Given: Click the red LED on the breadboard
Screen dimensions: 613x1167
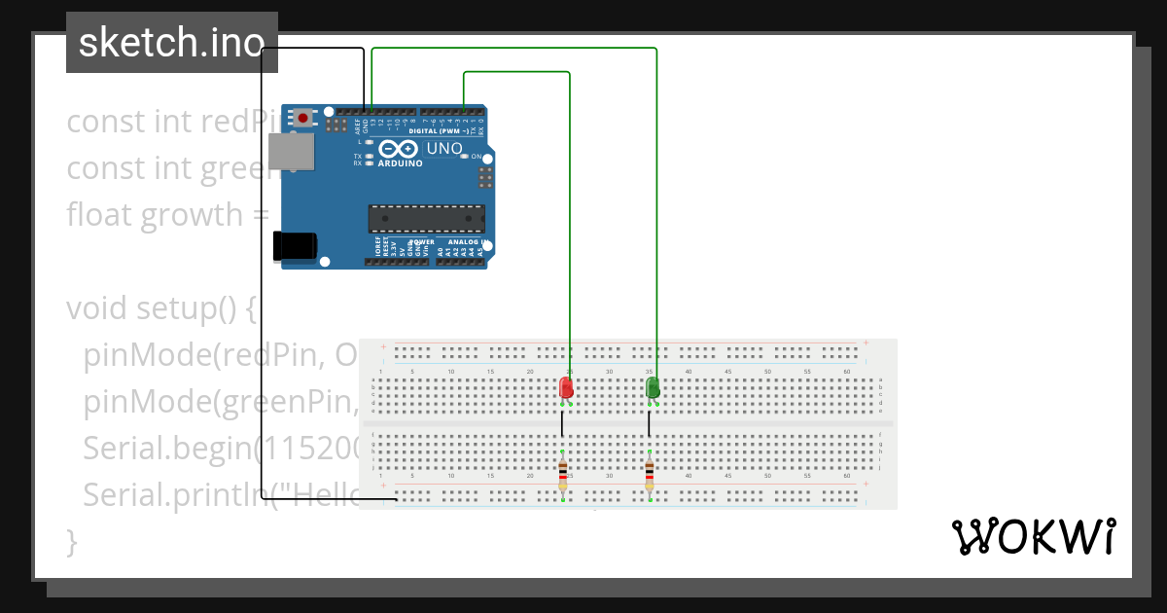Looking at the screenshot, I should [x=566, y=388].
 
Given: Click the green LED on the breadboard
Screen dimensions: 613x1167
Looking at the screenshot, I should [x=653, y=388].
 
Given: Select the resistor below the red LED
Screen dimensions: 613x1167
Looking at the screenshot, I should [x=563, y=475].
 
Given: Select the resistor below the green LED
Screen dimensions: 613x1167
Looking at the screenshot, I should [x=650, y=475].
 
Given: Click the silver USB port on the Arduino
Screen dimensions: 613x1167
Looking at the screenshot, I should [x=291, y=152].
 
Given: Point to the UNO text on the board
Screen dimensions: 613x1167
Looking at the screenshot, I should [x=444, y=149].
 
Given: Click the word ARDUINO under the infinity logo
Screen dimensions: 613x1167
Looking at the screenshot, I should [x=400, y=163].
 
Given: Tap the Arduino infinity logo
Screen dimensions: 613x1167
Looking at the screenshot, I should [x=399, y=149].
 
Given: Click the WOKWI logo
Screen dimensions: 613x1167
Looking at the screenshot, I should [x=1033, y=536].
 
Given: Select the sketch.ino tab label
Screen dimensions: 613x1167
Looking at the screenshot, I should [x=172, y=43].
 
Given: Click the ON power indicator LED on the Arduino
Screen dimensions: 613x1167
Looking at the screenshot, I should [x=464, y=156].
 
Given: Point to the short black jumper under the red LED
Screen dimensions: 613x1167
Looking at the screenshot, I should [x=561, y=423].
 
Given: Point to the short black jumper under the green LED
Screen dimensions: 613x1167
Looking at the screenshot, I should [x=649, y=423].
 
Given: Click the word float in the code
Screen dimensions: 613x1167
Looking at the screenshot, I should [x=99, y=214].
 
